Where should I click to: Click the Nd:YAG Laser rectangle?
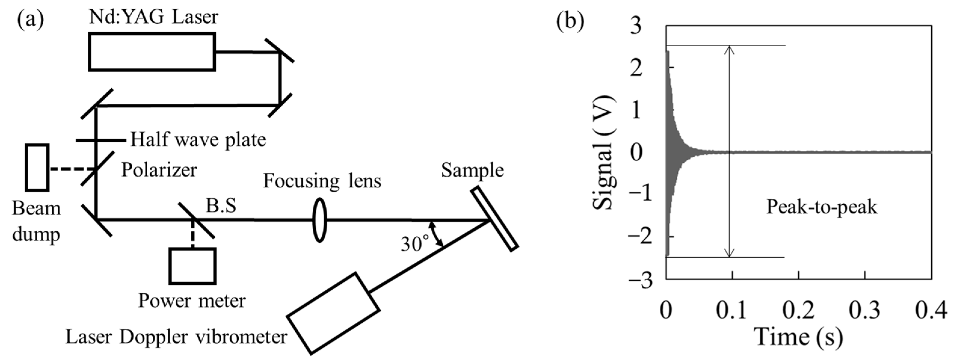[152, 52]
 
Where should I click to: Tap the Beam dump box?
[37, 168]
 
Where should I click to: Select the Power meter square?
[192, 266]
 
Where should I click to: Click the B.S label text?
[221, 206]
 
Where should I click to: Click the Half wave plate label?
[198, 140]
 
